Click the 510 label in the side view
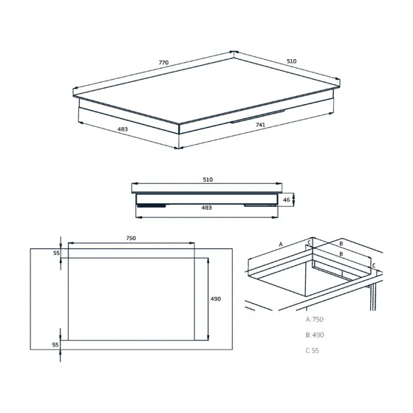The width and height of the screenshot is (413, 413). coord(208,180)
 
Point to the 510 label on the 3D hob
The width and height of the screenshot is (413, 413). coord(293,62)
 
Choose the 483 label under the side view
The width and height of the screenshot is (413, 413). coord(206,208)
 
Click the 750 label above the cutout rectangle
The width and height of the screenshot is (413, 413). coord(130,238)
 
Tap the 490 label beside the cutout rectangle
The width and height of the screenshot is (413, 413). coord(216,298)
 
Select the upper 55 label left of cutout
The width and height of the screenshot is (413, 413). coord(55,253)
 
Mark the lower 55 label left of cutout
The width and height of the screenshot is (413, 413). coord(55,345)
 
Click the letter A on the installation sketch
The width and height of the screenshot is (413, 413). coord(281,243)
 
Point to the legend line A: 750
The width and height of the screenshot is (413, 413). coord(315,319)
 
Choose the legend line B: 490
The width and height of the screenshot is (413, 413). coord(315,335)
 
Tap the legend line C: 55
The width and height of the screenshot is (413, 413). coord(313,350)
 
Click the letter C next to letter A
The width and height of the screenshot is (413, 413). coord(310,242)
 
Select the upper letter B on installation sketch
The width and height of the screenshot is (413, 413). coord(341,242)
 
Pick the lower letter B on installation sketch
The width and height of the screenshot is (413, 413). coord(341,253)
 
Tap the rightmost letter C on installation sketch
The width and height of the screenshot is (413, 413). coord(374,264)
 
